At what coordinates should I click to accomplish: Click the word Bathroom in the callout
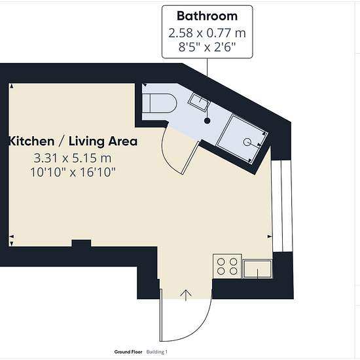click(207, 16)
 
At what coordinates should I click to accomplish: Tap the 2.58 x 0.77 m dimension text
click(207, 33)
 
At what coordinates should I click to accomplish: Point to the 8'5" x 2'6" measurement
click(207, 48)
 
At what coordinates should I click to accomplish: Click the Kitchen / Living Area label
click(73, 141)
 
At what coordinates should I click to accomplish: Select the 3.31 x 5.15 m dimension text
click(73, 158)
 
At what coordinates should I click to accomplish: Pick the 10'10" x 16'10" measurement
click(73, 172)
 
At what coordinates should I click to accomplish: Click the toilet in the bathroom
click(160, 103)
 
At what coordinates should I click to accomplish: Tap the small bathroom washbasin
click(199, 102)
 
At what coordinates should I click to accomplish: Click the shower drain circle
click(247, 142)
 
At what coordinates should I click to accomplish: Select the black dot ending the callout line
click(207, 121)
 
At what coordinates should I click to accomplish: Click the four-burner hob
click(227, 266)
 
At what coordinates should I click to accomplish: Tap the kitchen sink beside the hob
click(257, 269)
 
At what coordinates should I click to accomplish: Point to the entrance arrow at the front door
click(186, 295)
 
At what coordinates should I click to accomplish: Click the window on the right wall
click(281, 206)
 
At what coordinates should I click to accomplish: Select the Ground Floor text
click(128, 352)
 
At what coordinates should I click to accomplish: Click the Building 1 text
click(157, 352)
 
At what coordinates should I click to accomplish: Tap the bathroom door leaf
click(190, 158)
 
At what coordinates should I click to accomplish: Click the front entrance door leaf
click(161, 315)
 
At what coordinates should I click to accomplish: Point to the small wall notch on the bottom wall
click(82, 243)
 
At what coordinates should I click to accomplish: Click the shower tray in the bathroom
click(242, 139)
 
